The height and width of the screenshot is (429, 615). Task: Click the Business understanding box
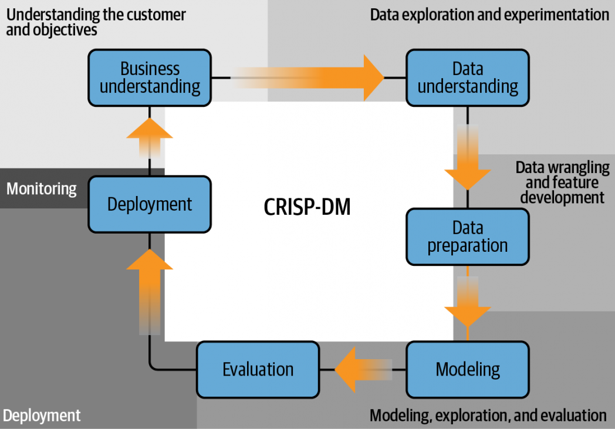tap(150, 77)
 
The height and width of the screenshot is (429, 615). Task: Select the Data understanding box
tap(468, 77)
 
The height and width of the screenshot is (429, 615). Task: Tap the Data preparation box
tap(468, 237)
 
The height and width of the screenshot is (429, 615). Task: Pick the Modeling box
tap(468, 369)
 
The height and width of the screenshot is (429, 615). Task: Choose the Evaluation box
tap(258, 369)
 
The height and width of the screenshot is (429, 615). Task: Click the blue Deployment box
tap(150, 204)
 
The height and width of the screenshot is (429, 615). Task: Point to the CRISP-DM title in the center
tap(307, 207)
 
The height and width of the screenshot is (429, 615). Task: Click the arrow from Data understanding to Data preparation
tap(468, 157)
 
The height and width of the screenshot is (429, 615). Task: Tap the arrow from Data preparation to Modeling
tap(468, 301)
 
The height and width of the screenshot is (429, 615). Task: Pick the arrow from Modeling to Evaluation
tap(363, 369)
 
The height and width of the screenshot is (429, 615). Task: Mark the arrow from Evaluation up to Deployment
tap(150, 292)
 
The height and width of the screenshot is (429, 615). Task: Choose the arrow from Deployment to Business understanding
tap(150, 138)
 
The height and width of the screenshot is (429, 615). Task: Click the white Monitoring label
tap(42, 189)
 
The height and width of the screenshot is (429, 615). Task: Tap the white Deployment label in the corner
tap(42, 416)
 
